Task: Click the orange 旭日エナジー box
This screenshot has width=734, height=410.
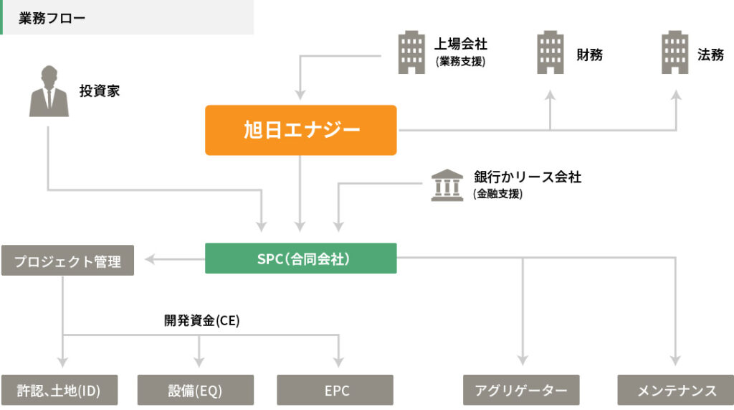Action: pos(300,130)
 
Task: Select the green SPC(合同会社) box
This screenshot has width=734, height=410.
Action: pos(300,258)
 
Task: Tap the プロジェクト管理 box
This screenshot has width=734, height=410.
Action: pos(67,261)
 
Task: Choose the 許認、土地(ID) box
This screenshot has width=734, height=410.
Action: pos(59,391)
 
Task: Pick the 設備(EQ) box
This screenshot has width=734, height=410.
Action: pos(195,391)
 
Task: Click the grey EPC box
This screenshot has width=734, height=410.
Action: pos(335,391)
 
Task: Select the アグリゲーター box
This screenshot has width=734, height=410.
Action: pos(521,391)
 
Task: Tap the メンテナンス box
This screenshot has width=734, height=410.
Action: pos(676,391)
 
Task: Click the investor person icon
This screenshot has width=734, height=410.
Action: pos(49,91)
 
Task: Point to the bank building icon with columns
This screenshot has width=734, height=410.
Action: pos(447,185)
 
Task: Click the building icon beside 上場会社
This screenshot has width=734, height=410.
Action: pos(411,52)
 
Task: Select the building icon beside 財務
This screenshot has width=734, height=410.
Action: pos(550,52)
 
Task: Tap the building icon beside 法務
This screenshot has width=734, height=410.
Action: pos(675,52)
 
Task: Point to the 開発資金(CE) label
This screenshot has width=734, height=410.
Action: pos(202,321)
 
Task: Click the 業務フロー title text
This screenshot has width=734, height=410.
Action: pos(52,18)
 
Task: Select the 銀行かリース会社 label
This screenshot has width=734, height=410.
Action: pos(528,177)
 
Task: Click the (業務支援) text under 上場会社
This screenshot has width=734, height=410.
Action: pos(460,62)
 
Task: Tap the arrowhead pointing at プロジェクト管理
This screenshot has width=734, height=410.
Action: pos(151,258)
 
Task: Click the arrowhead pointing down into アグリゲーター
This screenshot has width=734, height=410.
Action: pos(522,361)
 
